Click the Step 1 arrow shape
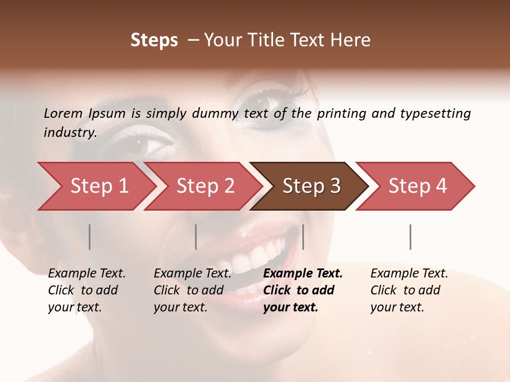[x=99, y=186]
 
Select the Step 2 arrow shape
[x=205, y=186]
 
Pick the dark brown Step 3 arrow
[x=311, y=186]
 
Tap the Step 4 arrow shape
[x=418, y=186]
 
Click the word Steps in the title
[x=154, y=40]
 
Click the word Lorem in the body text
[x=63, y=113]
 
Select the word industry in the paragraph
[x=70, y=132]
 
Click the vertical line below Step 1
[x=90, y=237]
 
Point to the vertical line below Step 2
[x=196, y=237]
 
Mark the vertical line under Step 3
[x=303, y=237]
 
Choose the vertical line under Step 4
[x=411, y=237]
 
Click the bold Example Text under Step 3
[x=303, y=274]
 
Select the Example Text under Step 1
[x=87, y=274]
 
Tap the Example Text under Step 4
[x=409, y=274]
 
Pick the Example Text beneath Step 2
[x=192, y=274]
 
